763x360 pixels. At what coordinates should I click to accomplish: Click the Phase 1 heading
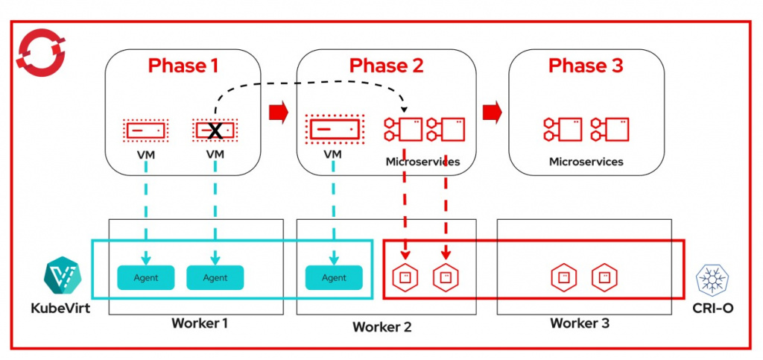tap(183, 66)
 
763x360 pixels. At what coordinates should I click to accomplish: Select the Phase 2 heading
tap(387, 66)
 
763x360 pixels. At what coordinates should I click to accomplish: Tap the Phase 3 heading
tap(586, 66)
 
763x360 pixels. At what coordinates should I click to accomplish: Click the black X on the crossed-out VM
tap(215, 131)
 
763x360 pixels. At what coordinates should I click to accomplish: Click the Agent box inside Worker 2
tap(334, 277)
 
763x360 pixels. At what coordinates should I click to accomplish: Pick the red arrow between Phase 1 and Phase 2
tap(278, 113)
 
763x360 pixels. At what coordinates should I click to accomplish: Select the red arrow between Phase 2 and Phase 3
tap(491, 113)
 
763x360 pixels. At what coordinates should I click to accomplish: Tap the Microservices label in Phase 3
tap(586, 161)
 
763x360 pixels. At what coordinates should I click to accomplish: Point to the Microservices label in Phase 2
tap(422, 161)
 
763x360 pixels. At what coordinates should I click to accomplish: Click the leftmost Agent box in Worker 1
tap(145, 277)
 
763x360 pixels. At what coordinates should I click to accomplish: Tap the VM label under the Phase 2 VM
tap(332, 154)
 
